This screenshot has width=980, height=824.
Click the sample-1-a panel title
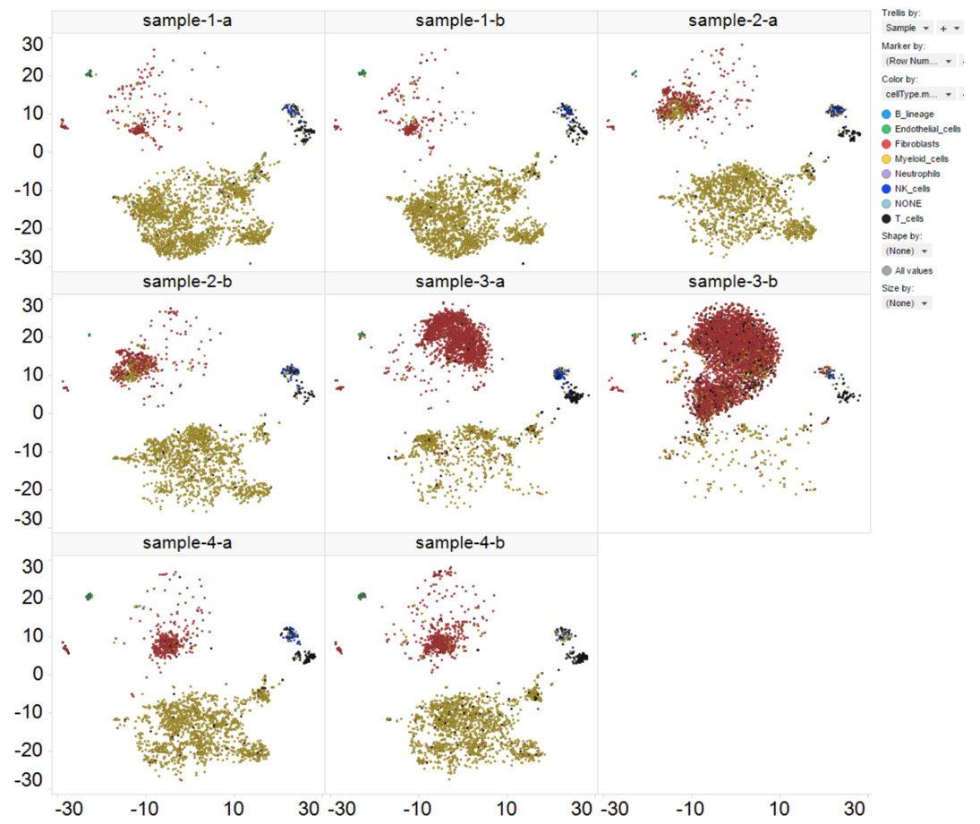tap(188, 21)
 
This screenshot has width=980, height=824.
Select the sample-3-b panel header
tap(733, 282)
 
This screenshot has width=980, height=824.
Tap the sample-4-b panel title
tap(460, 543)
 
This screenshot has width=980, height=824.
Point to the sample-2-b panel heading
tap(188, 282)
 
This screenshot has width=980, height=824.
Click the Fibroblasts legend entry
tap(922, 144)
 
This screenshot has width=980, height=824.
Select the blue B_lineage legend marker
tap(886, 115)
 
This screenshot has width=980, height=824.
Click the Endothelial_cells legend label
tap(927, 129)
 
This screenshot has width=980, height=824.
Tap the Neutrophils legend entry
tap(923, 174)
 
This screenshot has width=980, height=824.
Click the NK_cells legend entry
tap(917, 189)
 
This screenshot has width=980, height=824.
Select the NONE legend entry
tap(912, 203)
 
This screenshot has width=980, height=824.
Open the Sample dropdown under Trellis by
tap(906, 29)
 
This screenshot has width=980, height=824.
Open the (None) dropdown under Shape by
tap(906, 251)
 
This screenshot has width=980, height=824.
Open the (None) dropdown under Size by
tap(906, 303)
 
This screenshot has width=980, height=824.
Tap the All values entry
tap(913, 270)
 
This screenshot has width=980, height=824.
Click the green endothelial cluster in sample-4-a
tap(89, 596)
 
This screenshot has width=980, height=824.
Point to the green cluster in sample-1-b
tap(362, 72)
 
